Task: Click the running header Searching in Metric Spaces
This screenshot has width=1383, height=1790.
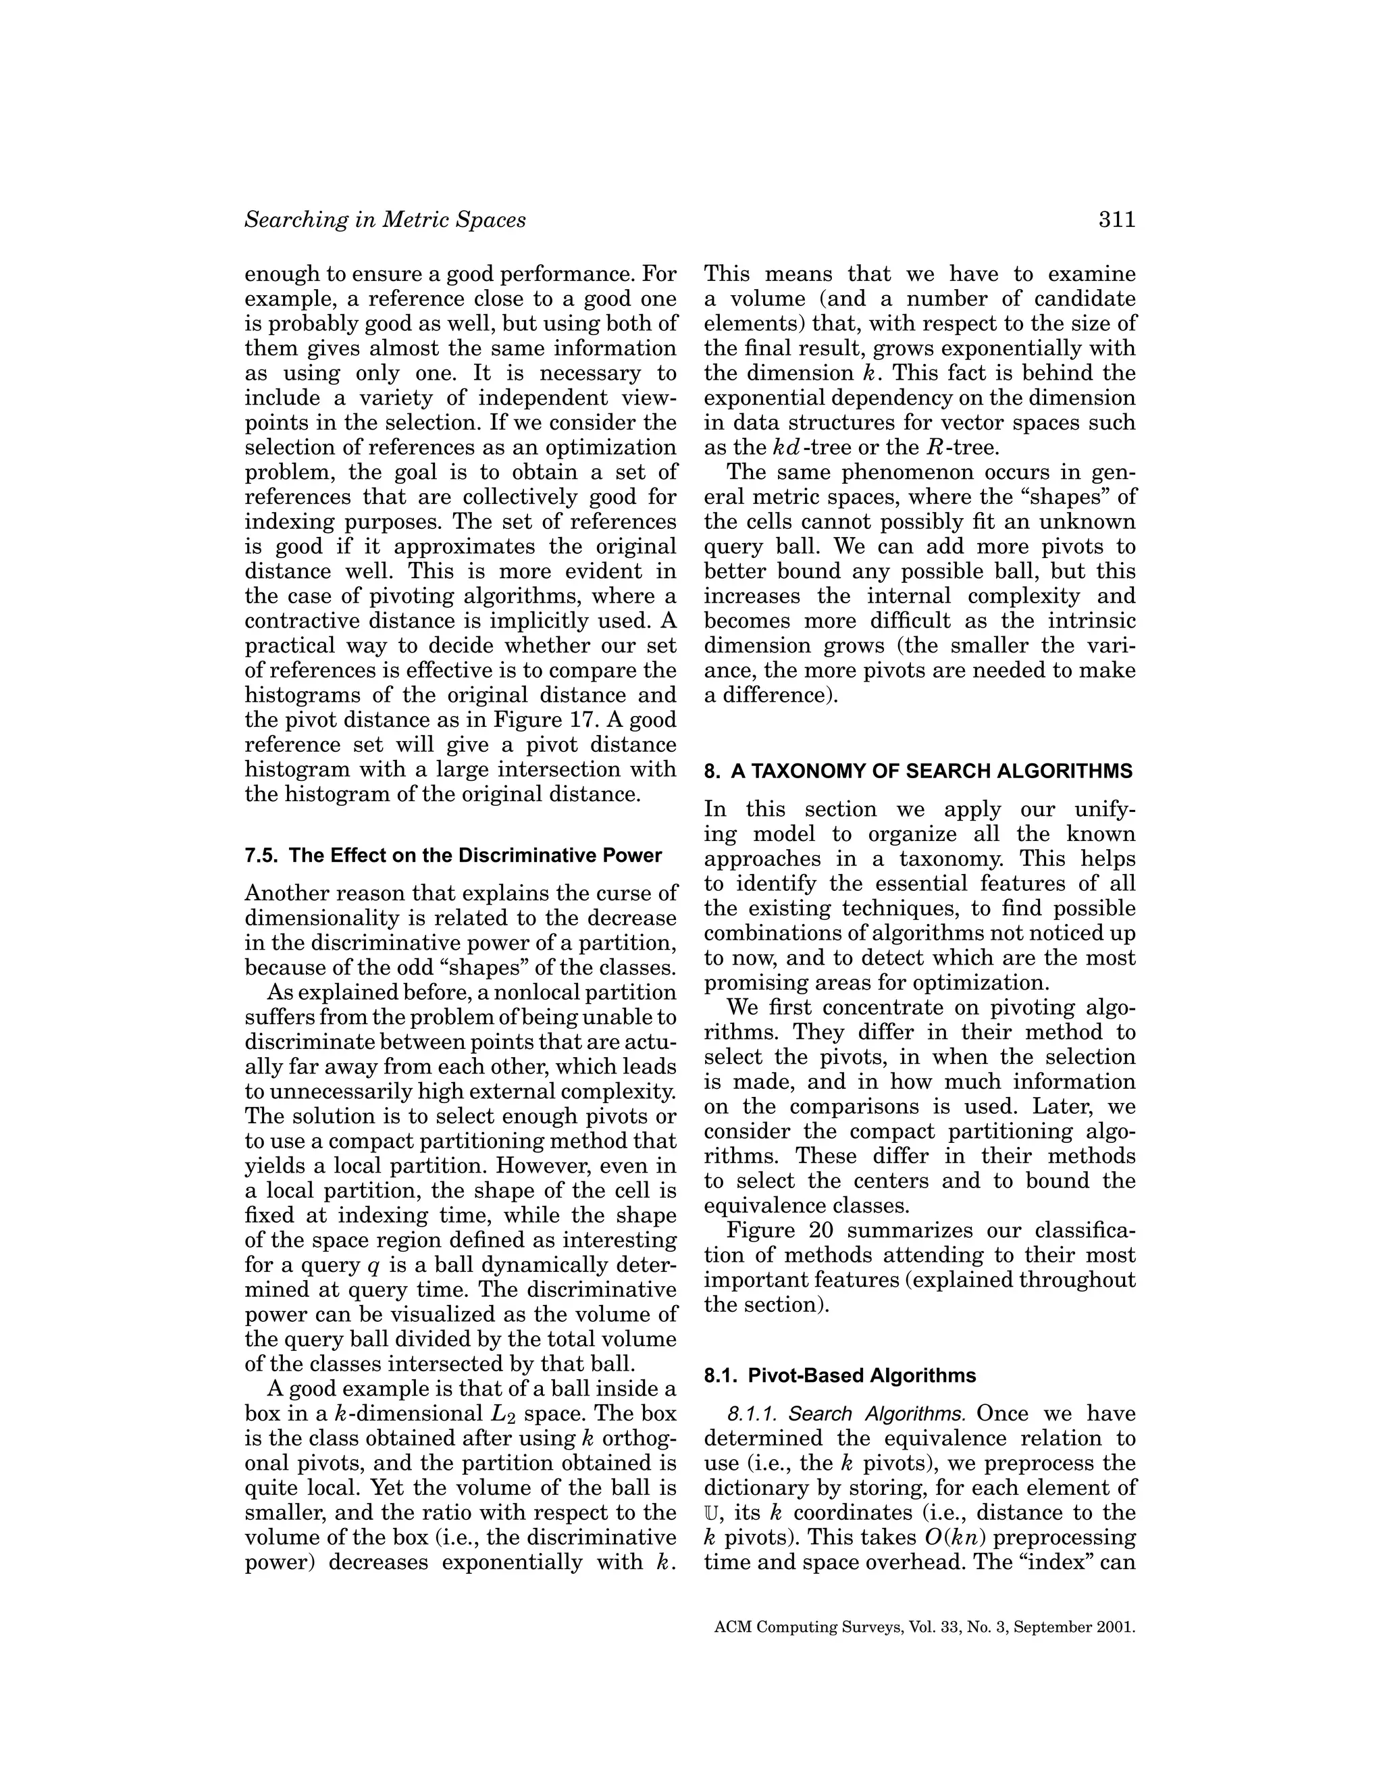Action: (x=385, y=220)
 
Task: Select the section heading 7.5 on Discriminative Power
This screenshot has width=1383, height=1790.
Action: (x=452, y=856)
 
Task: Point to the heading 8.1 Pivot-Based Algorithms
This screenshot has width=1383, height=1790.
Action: (x=840, y=1375)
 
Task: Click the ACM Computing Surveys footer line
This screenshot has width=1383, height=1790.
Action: (x=924, y=1628)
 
